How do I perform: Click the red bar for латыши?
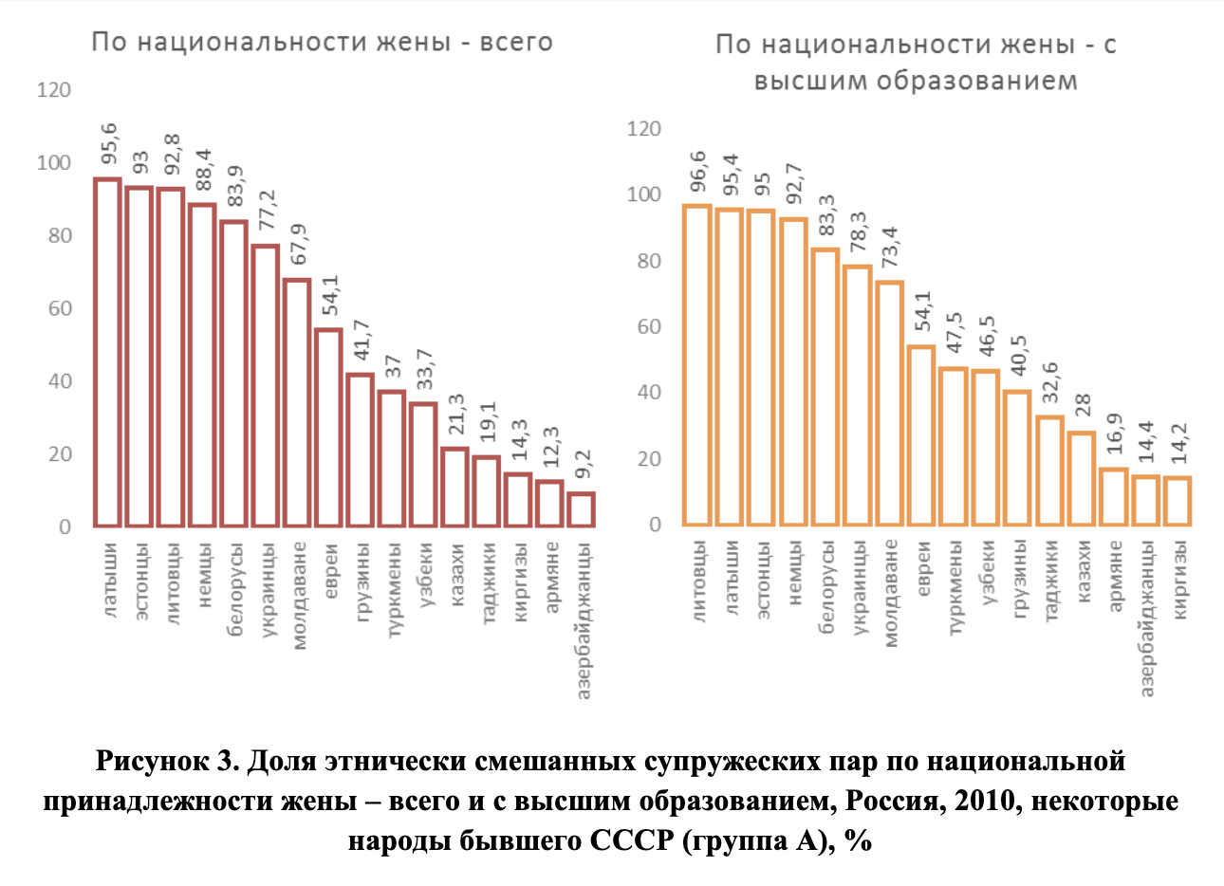[x=107, y=352]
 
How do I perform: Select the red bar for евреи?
[x=328, y=427]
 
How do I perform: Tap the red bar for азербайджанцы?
[x=582, y=508]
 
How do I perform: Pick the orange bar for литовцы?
[x=697, y=365]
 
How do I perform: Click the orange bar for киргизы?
[x=1177, y=501]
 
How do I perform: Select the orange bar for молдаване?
[x=889, y=403]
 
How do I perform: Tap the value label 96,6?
[x=697, y=172]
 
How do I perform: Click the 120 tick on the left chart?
[x=53, y=90]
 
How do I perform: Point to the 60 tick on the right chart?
[x=649, y=327]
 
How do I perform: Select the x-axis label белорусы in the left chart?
[x=236, y=588]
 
